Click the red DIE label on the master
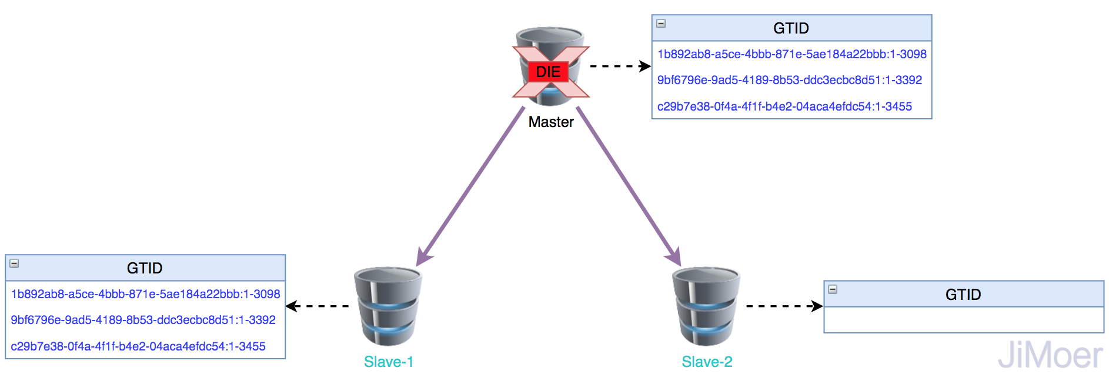(548, 72)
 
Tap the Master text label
(551, 122)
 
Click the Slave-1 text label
(389, 362)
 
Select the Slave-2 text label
(707, 362)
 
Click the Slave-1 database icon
(388, 306)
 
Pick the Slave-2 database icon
(706, 306)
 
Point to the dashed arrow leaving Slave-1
(318, 306)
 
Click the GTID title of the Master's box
(791, 28)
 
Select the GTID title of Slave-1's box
(145, 268)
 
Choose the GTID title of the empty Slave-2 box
(963, 295)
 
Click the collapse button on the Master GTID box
(661, 24)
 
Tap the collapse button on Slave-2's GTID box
(833, 289)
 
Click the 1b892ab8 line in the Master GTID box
(791, 54)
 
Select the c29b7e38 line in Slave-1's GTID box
(138, 346)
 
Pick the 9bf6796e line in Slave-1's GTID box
(143, 320)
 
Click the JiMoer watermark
(1050, 355)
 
